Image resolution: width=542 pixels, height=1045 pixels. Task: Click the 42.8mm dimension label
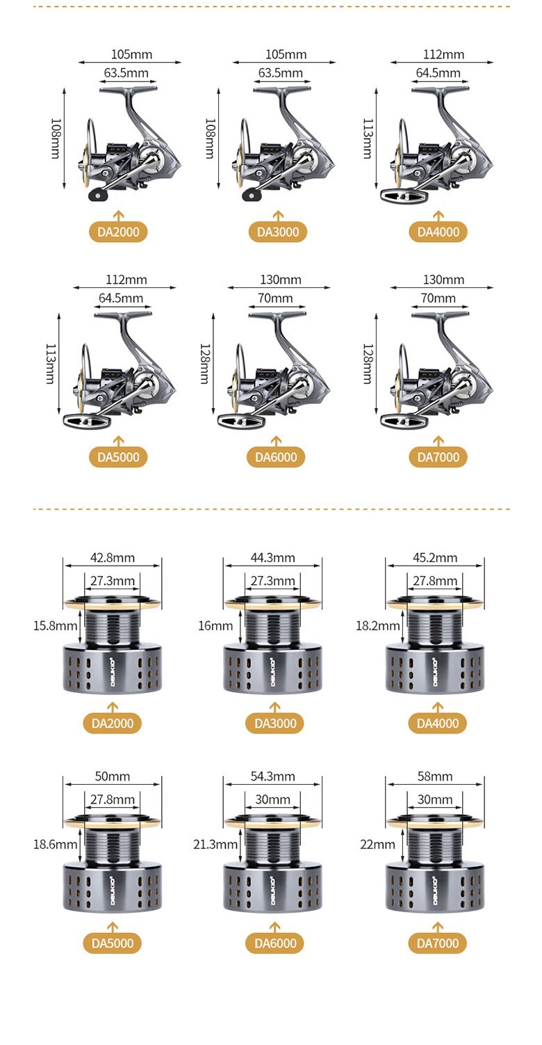113,557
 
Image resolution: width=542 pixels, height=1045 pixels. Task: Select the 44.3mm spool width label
272,557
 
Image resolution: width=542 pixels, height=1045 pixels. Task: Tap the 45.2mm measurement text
435,557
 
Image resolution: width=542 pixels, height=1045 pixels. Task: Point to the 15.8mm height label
55,625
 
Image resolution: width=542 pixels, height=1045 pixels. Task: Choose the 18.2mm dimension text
378,625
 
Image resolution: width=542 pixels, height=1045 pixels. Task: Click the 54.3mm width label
272,776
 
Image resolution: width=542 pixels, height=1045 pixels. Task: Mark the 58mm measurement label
435,776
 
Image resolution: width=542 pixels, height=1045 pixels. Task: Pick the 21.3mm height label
215,845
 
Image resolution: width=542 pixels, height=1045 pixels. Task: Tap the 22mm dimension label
377,845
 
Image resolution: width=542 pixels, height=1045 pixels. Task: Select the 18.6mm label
55,845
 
